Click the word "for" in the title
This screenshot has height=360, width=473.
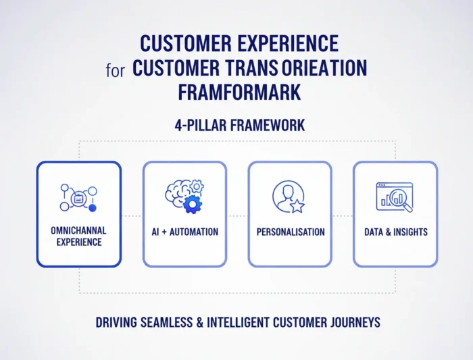click(115, 70)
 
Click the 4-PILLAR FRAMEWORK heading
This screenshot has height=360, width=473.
click(236, 125)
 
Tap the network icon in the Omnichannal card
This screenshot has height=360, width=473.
click(78, 197)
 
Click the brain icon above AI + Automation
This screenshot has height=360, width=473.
click(180, 192)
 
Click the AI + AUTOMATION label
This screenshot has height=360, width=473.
click(184, 232)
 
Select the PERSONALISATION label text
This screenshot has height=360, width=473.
click(290, 232)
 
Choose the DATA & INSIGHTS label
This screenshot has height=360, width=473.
click(395, 232)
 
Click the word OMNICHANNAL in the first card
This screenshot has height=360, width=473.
click(78, 230)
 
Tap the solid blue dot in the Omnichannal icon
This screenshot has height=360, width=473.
click(93, 207)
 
